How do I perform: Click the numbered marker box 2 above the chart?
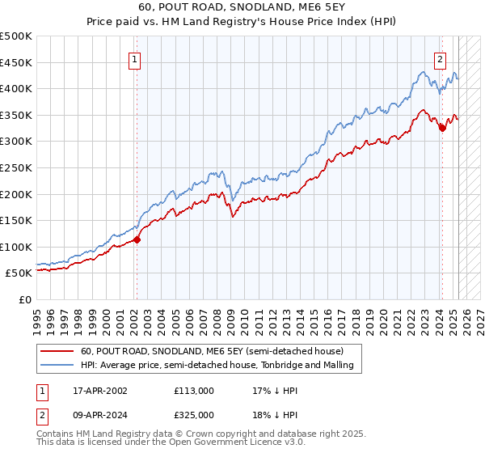(441, 58)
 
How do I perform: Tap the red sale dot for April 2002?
(137, 239)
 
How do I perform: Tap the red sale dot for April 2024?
(442, 128)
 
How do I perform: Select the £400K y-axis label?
(17, 89)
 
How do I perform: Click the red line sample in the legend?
(58, 351)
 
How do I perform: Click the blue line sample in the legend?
(58, 366)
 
